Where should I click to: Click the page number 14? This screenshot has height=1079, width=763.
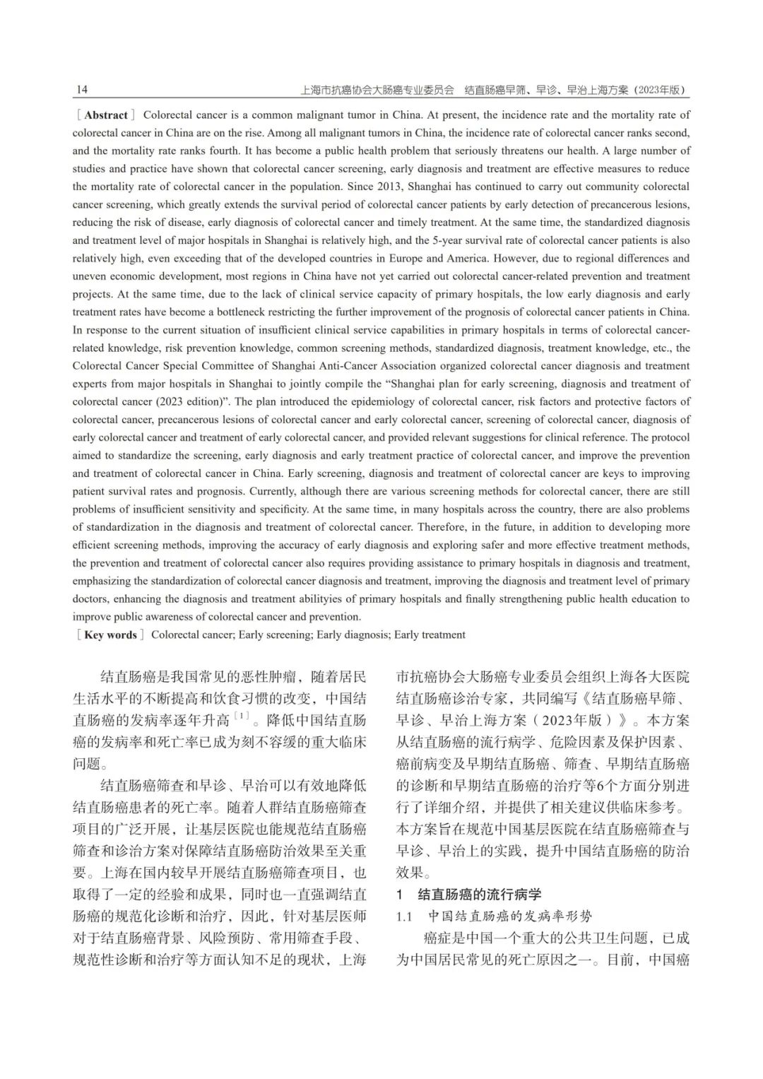click(x=82, y=90)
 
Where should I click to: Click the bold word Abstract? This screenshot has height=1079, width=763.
click(x=106, y=115)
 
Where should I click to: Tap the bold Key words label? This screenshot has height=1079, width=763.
click(x=110, y=635)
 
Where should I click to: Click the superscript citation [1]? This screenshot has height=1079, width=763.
click(x=242, y=717)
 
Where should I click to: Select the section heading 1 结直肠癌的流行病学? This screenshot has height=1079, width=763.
click(x=469, y=894)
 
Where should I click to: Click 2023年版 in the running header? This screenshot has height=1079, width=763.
click(x=659, y=90)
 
